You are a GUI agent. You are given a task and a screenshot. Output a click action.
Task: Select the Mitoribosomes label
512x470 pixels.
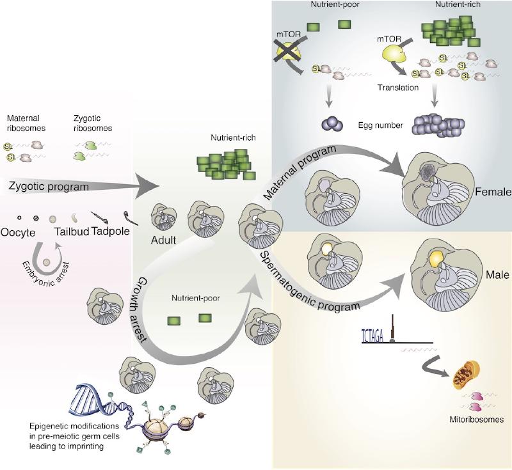click(x=466, y=421)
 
